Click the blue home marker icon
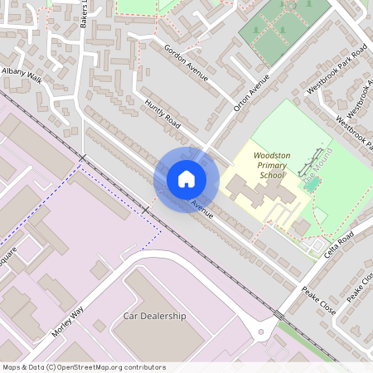(x=186, y=179)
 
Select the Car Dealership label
(x=155, y=317)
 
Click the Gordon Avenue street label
(x=186, y=62)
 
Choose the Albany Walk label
(x=22, y=76)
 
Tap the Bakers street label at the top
(x=84, y=15)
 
